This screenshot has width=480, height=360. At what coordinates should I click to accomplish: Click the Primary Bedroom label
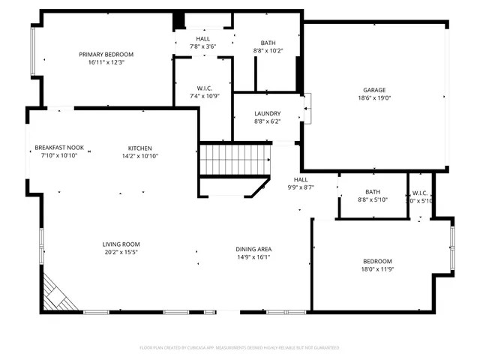(x=106, y=54)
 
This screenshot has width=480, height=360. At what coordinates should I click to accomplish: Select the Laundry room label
(x=268, y=113)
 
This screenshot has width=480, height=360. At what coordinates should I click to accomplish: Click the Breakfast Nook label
(x=59, y=148)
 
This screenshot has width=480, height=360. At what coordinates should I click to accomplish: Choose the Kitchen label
(x=139, y=148)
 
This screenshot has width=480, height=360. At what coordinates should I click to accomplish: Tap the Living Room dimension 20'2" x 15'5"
(x=121, y=253)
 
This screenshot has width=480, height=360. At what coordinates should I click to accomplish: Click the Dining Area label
(x=254, y=249)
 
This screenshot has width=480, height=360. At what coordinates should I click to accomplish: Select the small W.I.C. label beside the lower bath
(x=419, y=193)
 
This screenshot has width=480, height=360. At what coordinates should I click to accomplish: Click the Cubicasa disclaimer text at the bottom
(x=239, y=348)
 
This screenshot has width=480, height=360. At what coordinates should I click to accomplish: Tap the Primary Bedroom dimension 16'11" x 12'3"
(x=106, y=62)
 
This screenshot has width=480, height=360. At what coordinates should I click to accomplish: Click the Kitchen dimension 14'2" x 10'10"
(x=139, y=156)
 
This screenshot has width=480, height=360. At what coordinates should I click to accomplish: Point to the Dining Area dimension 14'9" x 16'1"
(x=254, y=257)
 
